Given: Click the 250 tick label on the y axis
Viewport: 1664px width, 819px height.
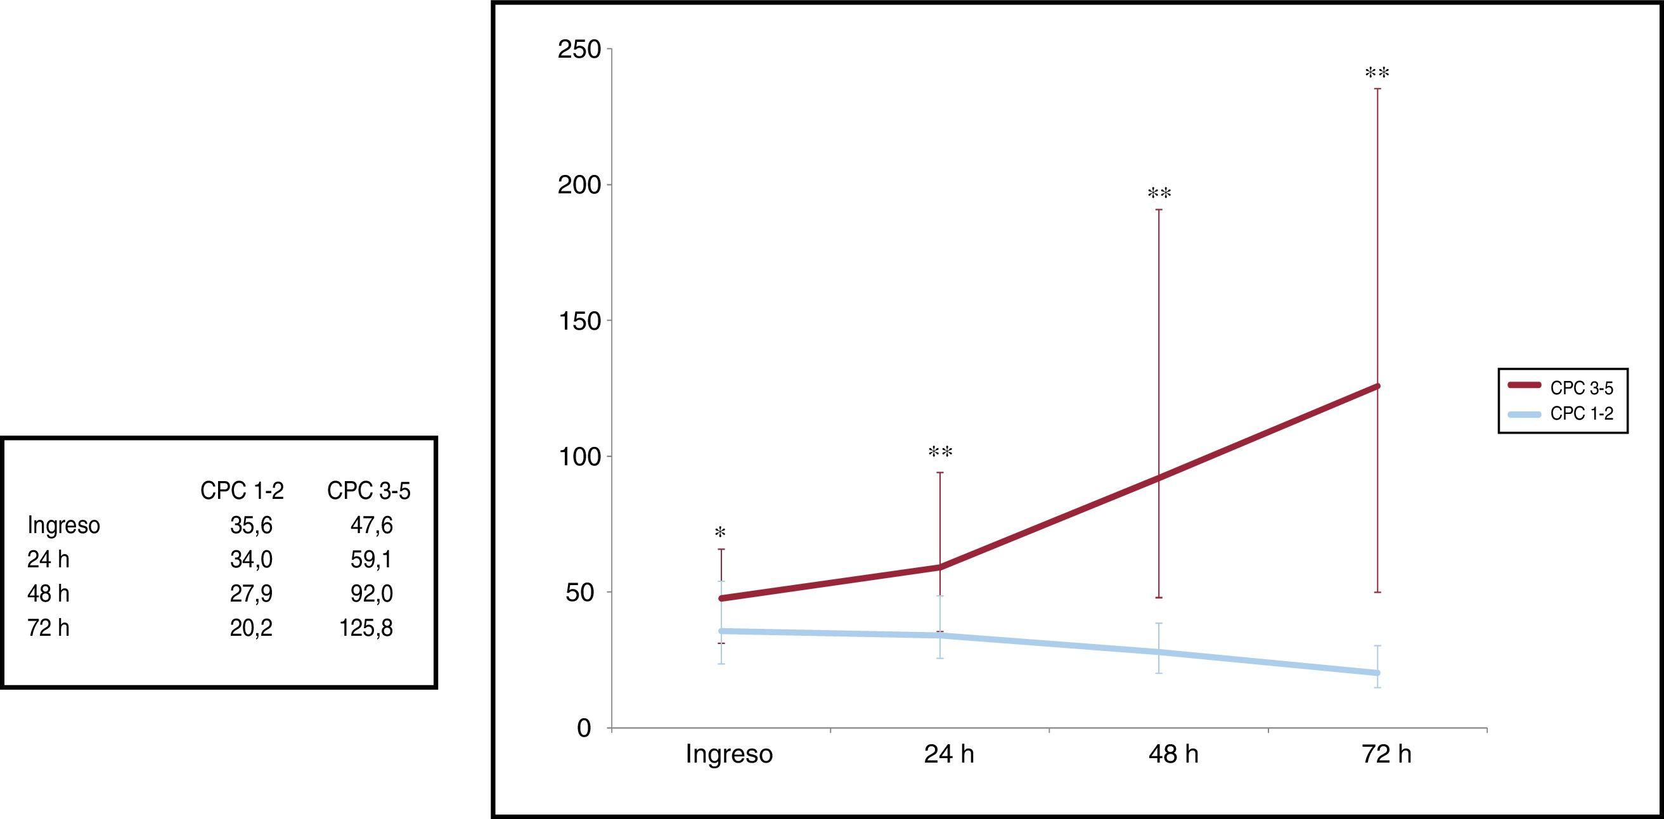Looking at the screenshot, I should click(579, 49).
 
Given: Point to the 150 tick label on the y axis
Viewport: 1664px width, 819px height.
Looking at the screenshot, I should click(579, 321).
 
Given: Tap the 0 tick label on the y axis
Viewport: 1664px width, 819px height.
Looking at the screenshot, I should click(584, 728).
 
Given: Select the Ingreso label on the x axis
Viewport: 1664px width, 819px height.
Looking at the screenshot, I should click(728, 754).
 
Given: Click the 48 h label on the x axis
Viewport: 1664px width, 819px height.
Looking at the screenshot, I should click(1173, 754).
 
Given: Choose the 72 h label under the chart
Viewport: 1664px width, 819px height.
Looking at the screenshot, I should click(1387, 754).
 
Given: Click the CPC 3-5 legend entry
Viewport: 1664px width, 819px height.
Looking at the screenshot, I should click(1582, 388).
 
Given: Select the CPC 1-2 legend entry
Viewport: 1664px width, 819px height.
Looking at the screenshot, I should click(1582, 413).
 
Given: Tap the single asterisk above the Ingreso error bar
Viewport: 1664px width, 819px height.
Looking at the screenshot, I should click(720, 534).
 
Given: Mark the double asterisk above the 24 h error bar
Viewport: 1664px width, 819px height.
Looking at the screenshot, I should click(940, 452).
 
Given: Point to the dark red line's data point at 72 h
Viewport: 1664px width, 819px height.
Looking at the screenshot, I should click(1377, 386).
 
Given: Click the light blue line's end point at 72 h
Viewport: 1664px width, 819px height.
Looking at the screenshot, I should click(1377, 673).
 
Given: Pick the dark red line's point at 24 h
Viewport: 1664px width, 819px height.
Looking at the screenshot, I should click(940, 567).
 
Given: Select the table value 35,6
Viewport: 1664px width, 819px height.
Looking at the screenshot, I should click(251, 526).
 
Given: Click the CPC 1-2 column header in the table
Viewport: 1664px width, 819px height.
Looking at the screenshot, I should click(242, 491).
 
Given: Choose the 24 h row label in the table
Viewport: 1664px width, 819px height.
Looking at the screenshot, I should click(48, 560).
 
